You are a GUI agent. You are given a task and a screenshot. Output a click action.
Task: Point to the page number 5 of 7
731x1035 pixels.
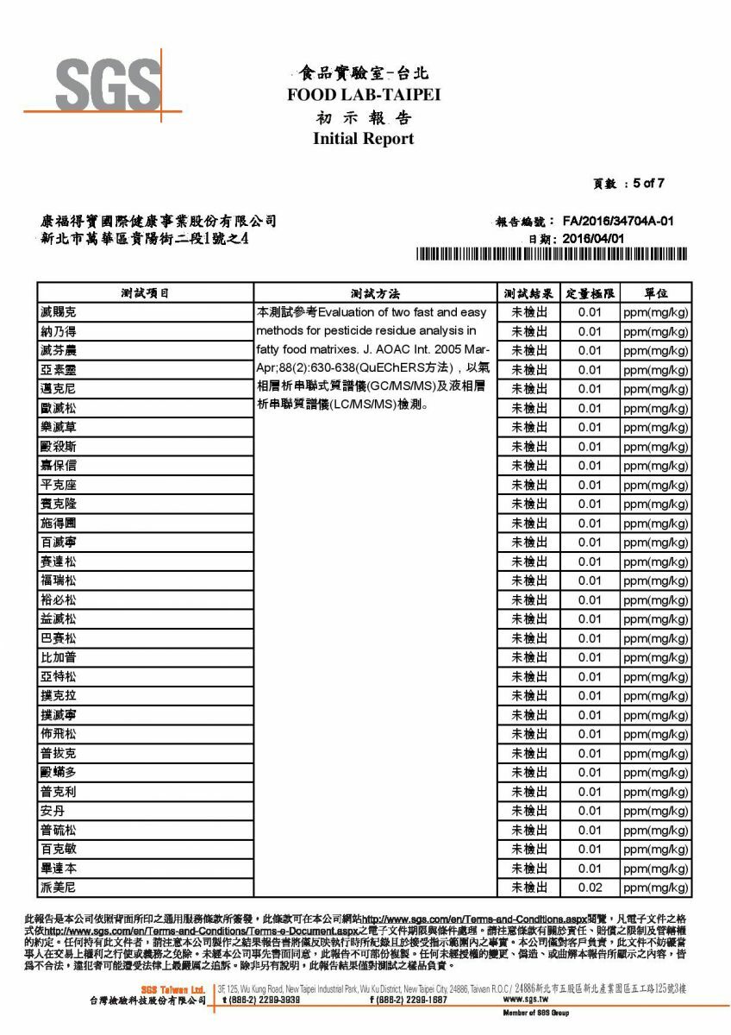click(x=647, y=183)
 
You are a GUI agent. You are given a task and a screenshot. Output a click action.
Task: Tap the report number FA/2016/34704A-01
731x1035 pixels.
click(x=617, y=222)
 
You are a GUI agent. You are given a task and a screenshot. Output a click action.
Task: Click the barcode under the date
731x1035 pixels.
click(x=552, y=255)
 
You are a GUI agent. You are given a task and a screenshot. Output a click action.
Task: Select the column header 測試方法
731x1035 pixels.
click(x=376, y=293)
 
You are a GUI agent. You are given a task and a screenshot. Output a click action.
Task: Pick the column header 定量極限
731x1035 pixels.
click(x=590, y=293)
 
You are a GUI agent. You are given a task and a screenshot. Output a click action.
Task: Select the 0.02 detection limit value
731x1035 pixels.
click(x=590, y=888)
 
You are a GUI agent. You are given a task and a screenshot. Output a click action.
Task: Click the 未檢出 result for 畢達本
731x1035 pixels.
click(x=529, y=869)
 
